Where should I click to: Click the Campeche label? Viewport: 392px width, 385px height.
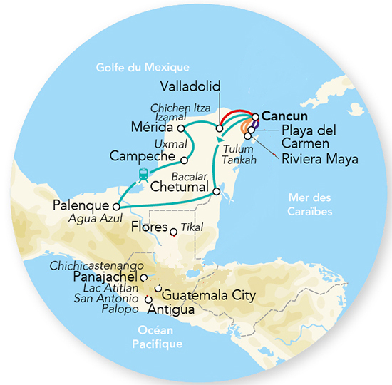(x=145, y=155)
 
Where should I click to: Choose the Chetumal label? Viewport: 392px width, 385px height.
(x=181, y=187)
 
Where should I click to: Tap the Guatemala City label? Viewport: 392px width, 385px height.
(x=209, y=294)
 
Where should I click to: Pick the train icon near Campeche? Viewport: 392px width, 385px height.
(x=143, y=175)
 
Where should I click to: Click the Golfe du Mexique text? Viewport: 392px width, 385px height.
(x=143, y=68)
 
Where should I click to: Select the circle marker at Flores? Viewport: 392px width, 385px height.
(x=173, y=231)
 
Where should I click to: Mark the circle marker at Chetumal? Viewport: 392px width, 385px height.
(x=216, y=192)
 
